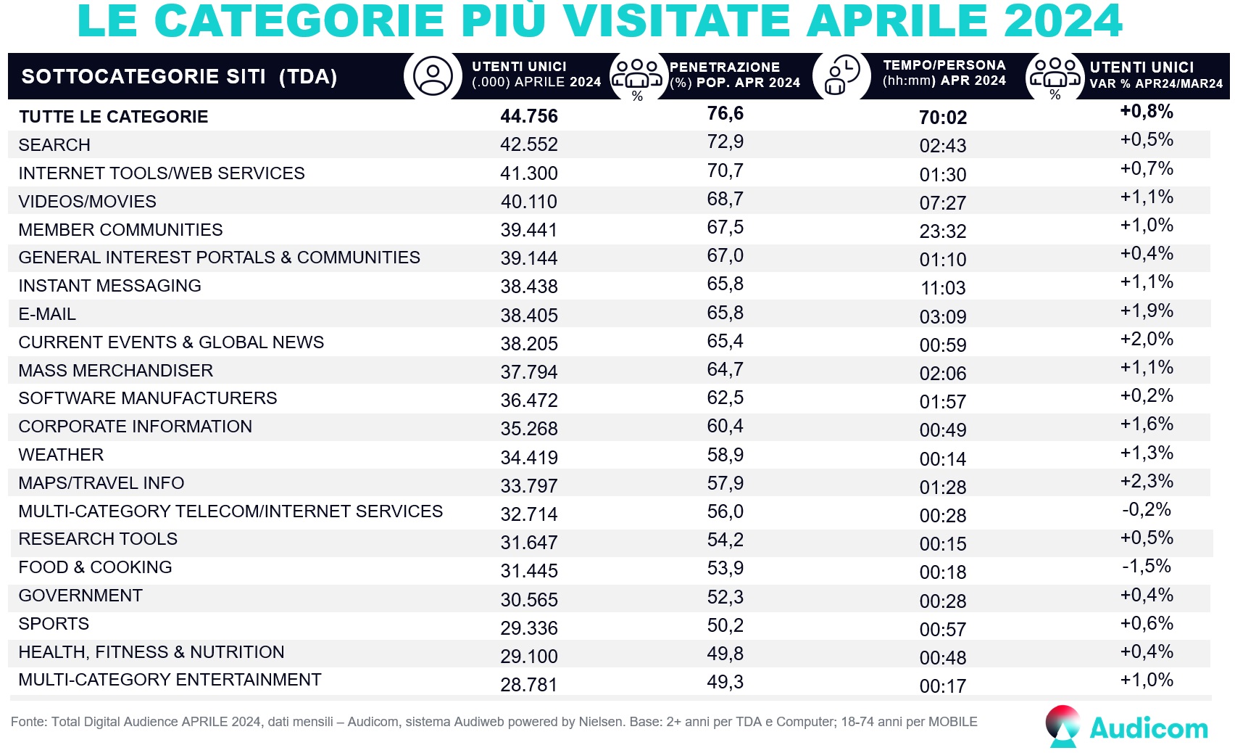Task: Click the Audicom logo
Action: pos(1126,726)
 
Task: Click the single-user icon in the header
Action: pos(433,76)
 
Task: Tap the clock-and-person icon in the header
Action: pos(842,75)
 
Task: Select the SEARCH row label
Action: pos(54,145)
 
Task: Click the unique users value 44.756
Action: pos(529,116)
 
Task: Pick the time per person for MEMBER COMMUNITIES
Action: pos(942,231)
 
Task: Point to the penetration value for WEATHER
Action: pos(725,455)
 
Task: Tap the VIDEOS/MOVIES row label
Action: pos(88,202)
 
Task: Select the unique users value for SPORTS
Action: pos(529,628)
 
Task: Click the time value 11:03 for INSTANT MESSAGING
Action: pos(943,288)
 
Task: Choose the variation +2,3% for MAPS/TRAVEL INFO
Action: pos(1147,481)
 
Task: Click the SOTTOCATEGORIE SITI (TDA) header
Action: pos(179,77)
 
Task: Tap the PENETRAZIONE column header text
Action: pos(725,67)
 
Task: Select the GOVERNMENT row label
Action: pos(80,596)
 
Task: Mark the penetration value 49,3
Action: pos(725,682)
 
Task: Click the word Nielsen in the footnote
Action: pos(601,722)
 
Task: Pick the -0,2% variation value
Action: pos(1146,509)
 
